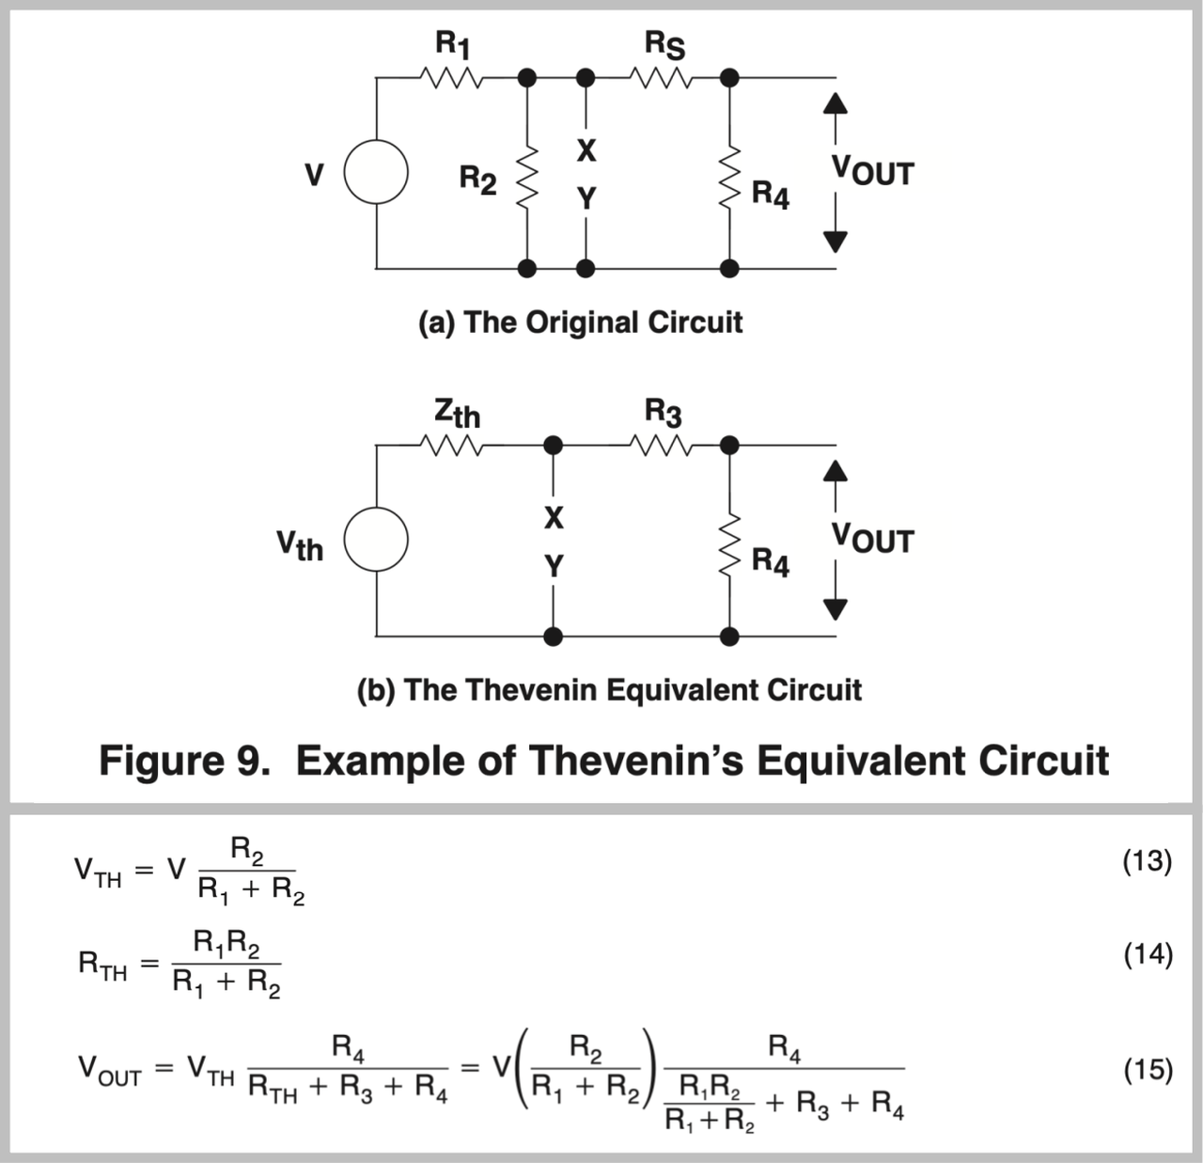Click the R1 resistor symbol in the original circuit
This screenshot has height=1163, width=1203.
click(x=455, y=78)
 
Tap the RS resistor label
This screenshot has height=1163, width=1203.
click(x=664, y=44)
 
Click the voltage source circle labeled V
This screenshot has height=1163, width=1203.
click(x=376, y=174)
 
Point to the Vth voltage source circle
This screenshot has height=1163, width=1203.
click(x=376, y=542)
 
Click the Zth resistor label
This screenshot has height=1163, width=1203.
click(x=457, y=413)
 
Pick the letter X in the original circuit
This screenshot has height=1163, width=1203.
click(x=586, y=149)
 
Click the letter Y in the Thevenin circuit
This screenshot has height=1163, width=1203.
click(x=554, y=566)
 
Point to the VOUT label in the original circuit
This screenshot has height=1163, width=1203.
click(x=871, y=172)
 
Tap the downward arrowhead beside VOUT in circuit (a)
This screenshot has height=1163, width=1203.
click(x=836, y=243)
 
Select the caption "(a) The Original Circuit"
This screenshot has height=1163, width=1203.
click(x=580, y=322)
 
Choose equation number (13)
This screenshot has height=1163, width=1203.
click(x=1148, y=861)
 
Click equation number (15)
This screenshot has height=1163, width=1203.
click(x=1148, y=1069)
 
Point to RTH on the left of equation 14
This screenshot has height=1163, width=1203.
click(x=102, y=966)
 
